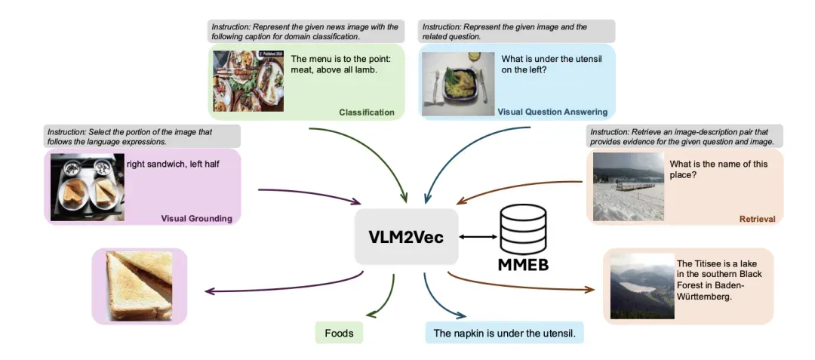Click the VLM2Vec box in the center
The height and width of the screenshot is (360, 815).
[407, 236]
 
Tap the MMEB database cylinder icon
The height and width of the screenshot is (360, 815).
[523, 229]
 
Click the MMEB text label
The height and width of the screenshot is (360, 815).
[524, 264]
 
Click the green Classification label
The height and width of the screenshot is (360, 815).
[367, 112]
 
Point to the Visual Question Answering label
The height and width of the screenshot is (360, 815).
[552, 112]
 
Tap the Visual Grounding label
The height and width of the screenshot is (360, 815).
[196, 218]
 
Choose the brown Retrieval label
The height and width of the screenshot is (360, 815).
[758, 219]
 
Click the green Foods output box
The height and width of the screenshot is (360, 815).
[339, 333]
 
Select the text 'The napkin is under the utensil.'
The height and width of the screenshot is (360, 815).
[505, 333]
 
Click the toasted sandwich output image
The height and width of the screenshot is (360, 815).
[140, 286]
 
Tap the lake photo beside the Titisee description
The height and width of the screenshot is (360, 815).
[642, 286]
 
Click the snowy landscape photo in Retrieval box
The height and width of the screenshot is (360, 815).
[629, 186]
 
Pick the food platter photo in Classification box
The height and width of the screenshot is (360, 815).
[248, 81]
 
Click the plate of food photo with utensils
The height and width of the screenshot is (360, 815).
[458, 84]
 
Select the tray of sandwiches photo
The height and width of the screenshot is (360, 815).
[88, 187]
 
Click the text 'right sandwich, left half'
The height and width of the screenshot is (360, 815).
[173, 165]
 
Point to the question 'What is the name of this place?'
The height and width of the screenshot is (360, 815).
[718, 170]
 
